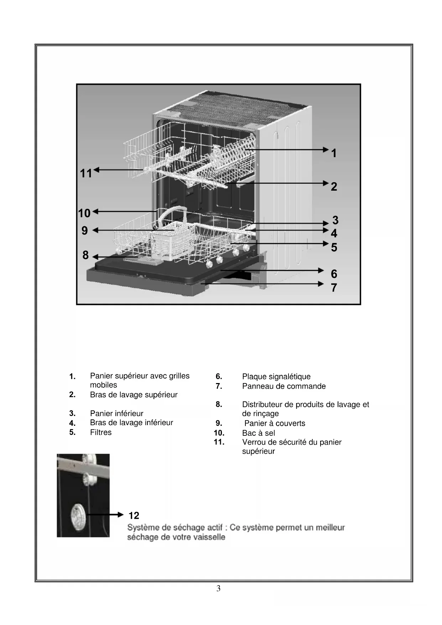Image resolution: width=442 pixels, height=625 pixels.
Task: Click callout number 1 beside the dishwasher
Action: point(334,153)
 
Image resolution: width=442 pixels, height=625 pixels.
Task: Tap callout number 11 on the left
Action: point(86,174)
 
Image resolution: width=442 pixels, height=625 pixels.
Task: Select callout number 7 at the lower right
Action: point(334,288)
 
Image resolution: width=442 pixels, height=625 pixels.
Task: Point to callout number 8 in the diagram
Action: point(85,255)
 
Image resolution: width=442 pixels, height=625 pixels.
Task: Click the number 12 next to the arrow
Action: point(134,516)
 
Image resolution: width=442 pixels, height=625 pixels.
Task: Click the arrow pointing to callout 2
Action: point(278,183)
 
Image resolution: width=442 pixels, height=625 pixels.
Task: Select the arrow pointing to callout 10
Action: point(125,212)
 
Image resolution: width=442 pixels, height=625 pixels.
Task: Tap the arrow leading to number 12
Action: point(105,515)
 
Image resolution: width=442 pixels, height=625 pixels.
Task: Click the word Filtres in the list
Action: point(101,432)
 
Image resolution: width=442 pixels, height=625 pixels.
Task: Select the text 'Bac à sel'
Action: point(259,433)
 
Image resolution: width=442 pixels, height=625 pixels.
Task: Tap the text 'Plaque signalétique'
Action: point(276,377)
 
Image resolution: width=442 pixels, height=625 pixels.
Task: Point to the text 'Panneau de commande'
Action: point(284,386)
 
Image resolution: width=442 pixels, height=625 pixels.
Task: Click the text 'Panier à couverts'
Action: point(275,423)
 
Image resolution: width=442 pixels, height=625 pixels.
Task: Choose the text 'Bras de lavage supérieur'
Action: point(134,395)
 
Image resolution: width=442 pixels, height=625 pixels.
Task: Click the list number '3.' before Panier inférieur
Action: point(72,413)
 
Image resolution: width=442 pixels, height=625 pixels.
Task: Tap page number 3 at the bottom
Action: point(218,589)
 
